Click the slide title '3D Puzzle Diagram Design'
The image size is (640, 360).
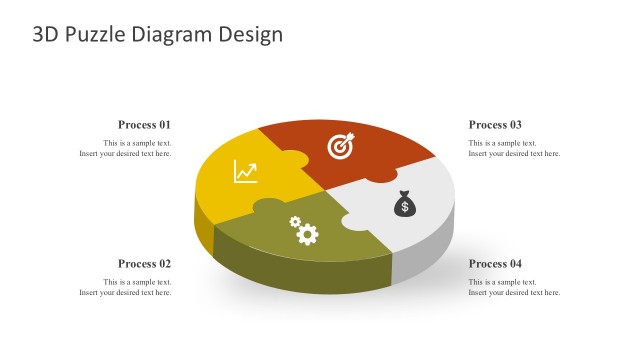[158, 35]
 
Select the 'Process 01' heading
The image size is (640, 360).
[145, 125]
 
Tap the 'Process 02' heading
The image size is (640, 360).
[145, 264]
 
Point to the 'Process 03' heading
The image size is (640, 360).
[495, 125]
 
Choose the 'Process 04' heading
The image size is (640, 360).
[495, 264]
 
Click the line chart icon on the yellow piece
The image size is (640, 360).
[245, 172]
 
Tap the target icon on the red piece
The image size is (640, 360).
[341, 146]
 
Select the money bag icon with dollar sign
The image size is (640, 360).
[404, 203]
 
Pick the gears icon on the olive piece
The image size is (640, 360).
[303, 231]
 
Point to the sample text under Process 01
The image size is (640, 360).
[126, 149]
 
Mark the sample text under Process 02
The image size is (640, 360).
[126, 288]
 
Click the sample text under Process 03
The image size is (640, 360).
[514, 149]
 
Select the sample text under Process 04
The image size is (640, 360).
[514, 288]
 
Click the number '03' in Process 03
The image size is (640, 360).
[514, 125]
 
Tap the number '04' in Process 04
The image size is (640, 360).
[514, 264]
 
